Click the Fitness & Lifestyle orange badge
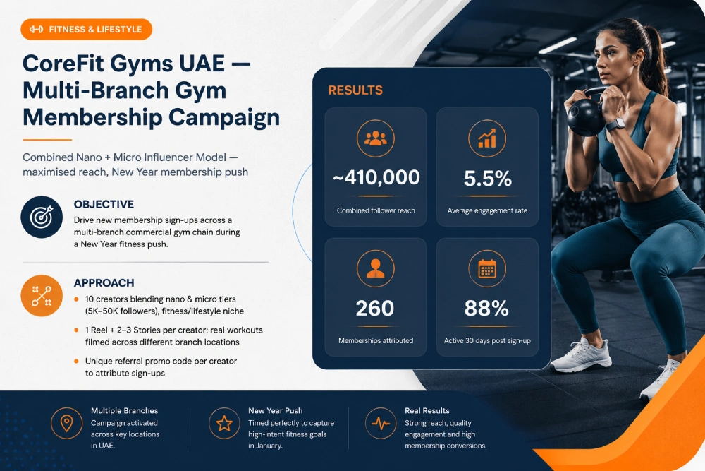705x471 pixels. [x=86, y=29]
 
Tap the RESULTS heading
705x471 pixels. [x=355, y=90]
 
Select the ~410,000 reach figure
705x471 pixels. [x=376, y=177]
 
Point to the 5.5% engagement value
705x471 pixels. [x=487, y=179]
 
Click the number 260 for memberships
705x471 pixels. [x=375, y=309]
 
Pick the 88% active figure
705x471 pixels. [x=486, y=309]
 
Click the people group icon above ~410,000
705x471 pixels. [x=376, y=138]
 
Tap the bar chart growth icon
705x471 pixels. [x=487, y=138]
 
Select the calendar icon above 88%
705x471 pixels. [x=487, y=269]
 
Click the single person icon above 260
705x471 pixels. [x=376, y=269]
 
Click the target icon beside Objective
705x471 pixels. [x=42, y=217]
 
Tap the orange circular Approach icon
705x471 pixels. [x=42, y=296]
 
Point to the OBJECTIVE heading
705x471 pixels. [x=104, y=205]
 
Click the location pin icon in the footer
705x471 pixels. [x=66, y=423]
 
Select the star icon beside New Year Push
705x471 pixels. [x=224, y=423]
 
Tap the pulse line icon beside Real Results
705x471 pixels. [x=381, y=423]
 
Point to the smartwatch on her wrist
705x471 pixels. [x=615, y=125]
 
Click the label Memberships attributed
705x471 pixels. [x=376, y=340]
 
